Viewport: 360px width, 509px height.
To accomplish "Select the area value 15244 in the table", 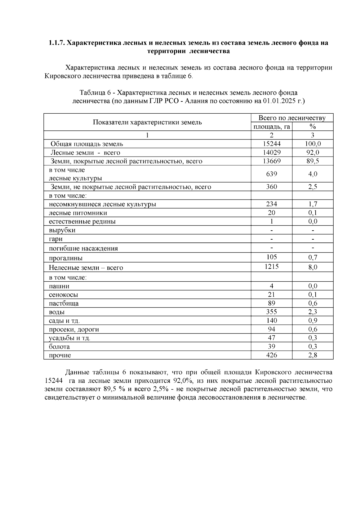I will (271, 144).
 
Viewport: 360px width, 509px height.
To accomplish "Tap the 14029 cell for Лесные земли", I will (271, 152).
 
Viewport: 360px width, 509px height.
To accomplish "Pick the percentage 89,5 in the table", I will (313, 161).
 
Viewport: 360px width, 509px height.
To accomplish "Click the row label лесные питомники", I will (78, 213).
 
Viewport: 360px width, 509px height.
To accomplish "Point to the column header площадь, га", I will (271, 127).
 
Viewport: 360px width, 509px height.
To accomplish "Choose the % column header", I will (313, 127).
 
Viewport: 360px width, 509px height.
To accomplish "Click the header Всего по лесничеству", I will (292, 118).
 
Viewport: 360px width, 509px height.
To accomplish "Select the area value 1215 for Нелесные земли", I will (271, 266).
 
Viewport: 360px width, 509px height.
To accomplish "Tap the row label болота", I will (59, 347).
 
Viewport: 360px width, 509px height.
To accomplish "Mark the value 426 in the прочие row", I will (271, 355).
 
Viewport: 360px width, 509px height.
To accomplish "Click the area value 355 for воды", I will (271, 312).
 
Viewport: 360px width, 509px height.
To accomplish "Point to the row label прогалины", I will (66, 258).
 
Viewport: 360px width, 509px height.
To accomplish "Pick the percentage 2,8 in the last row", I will (313, 355).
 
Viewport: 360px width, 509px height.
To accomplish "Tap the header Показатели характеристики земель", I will (147, 122).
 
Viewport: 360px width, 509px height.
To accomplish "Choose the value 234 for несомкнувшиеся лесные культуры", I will (271, 204).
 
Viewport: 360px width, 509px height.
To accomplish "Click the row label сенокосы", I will (63, 295).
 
